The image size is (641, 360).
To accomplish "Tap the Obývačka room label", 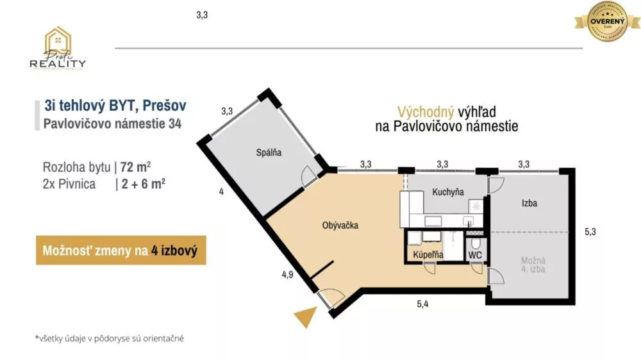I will (x=340, y=225).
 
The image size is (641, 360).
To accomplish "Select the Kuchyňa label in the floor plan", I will (x=448, y=192).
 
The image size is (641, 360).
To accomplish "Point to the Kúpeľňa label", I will (x=428, y=255).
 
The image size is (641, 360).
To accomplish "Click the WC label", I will (x=475, y=255).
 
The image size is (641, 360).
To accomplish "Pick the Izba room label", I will (x=529, y=204).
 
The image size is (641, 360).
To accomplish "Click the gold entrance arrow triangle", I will (x=306, y=317).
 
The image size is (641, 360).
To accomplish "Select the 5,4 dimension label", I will (x=422, y=304).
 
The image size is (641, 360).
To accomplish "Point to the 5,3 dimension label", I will (x=590, y=233).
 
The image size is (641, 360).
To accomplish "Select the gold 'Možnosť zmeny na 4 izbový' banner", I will (x=121, y=250).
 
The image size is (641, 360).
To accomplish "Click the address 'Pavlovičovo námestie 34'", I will (x=112, y=124).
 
